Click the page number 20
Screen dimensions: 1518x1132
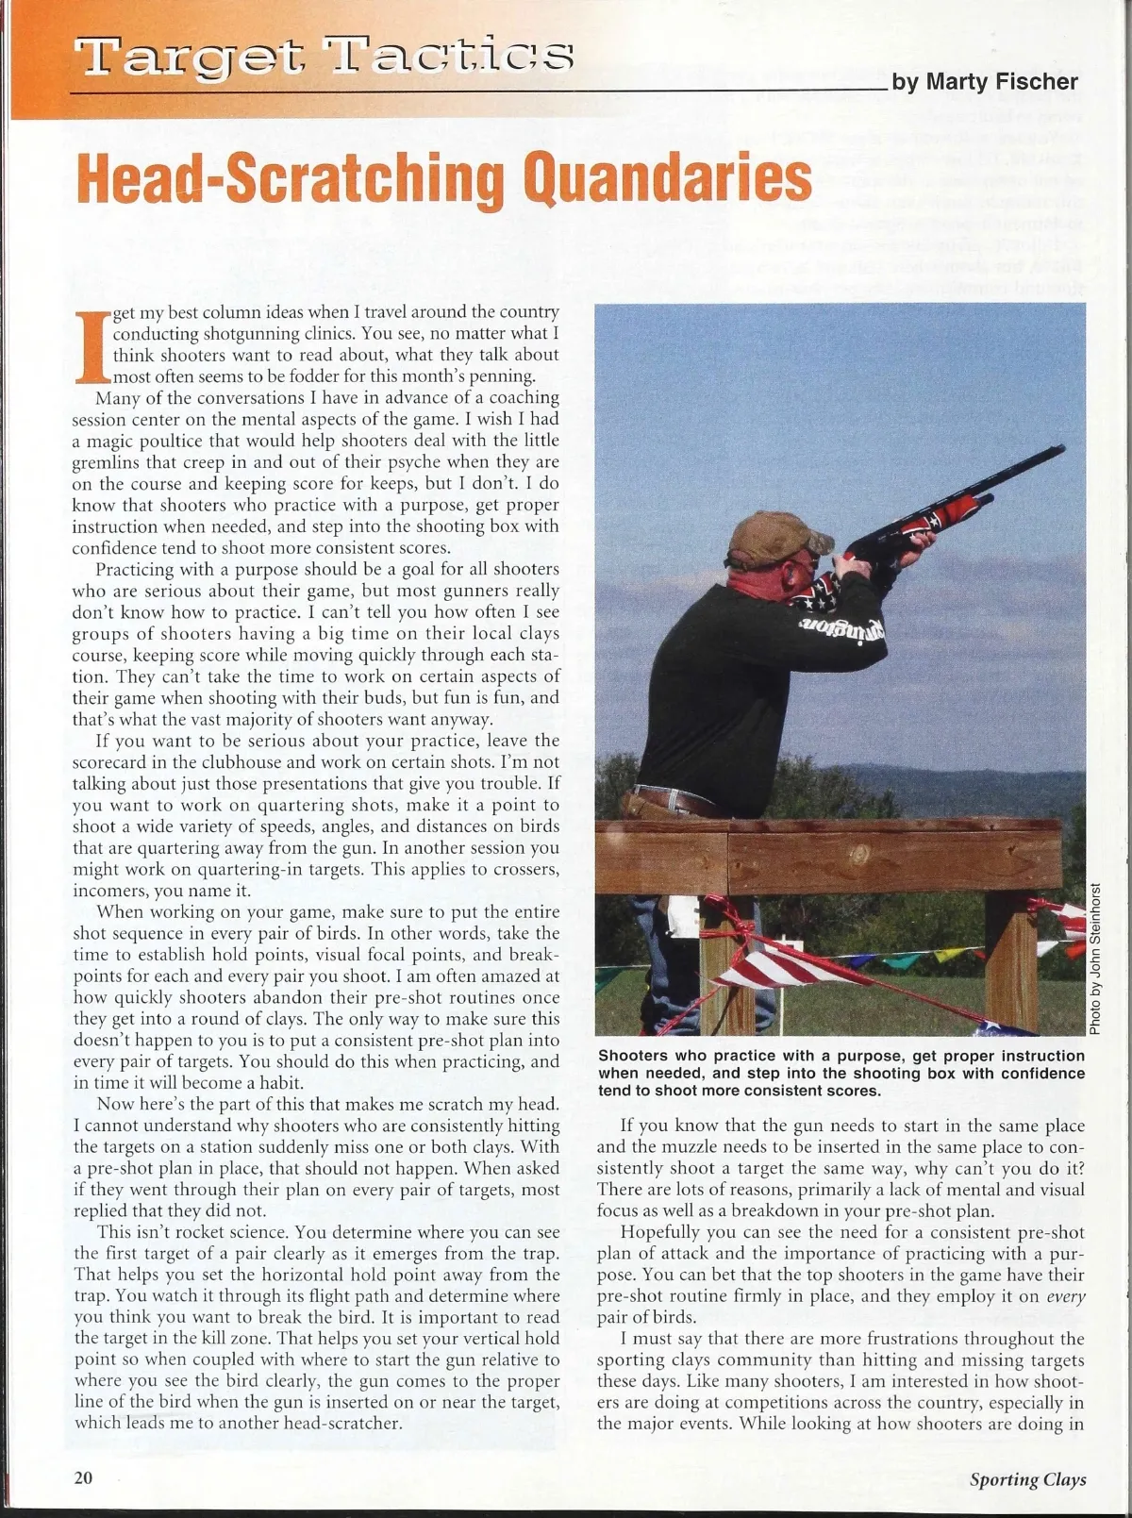83,1477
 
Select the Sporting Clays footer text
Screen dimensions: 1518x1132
1027,1479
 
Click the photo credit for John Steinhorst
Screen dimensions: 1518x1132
1095,958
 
